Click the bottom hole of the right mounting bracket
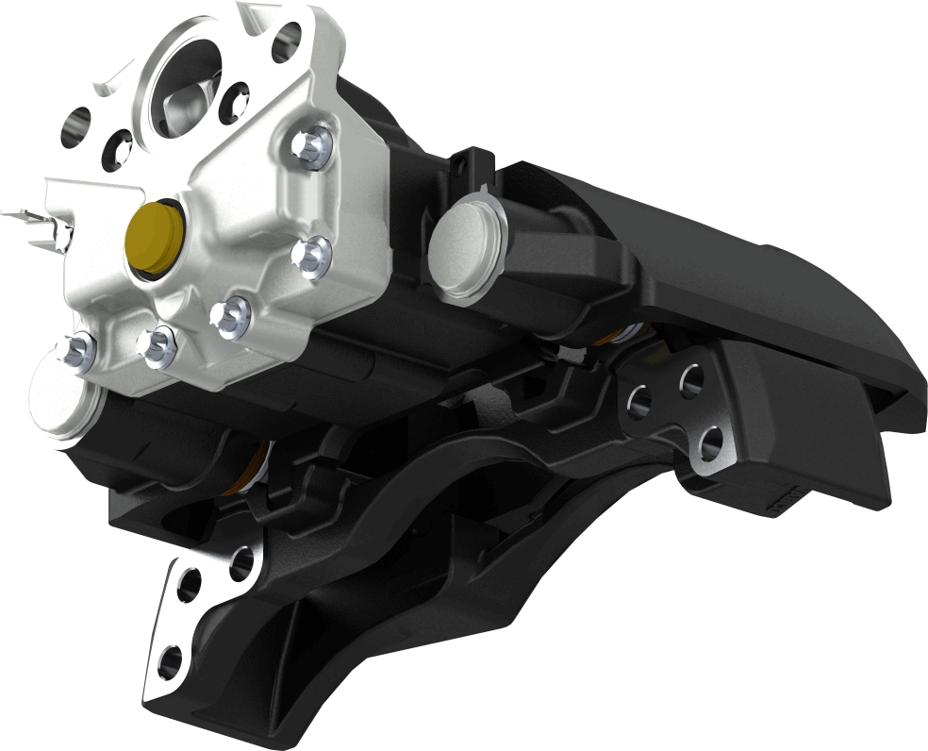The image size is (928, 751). click(712, 442)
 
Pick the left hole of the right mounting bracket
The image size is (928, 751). click(639, 398)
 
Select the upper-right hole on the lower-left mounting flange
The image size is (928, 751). click(241, 562)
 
